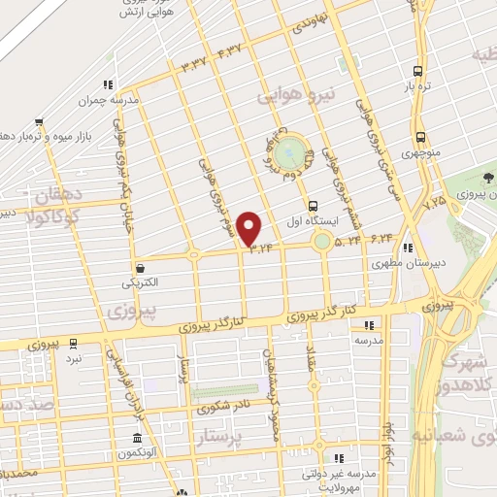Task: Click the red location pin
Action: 250,229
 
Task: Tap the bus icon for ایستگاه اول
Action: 313,206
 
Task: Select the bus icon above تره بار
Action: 418,71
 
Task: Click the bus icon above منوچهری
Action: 419,137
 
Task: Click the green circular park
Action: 287,153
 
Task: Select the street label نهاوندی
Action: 315,22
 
